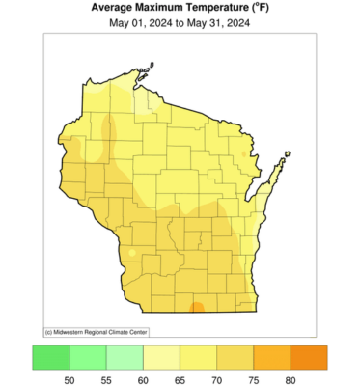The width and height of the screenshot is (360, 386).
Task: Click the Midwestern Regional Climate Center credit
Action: click(93, 331)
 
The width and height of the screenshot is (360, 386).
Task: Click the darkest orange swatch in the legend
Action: click(309, 357)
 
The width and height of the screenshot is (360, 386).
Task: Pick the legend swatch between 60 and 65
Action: click(161, 357)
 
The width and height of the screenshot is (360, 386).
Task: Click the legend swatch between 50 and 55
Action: click(88, 357)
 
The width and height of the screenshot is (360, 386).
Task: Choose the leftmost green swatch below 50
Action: click(51, 357)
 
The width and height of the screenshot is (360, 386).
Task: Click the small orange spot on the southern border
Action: click(196, 307)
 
